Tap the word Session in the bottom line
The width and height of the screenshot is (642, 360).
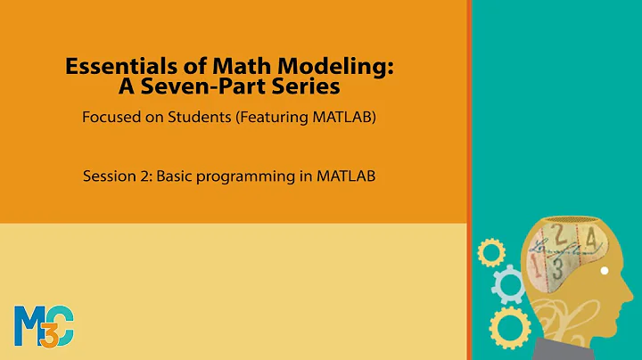click(x=109, y=176)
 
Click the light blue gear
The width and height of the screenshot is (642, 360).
click(x=509, y=286)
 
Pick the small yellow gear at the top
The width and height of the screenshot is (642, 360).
click(x=490, y=252)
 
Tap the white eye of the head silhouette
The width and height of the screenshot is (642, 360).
click(x=605, y=271)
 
